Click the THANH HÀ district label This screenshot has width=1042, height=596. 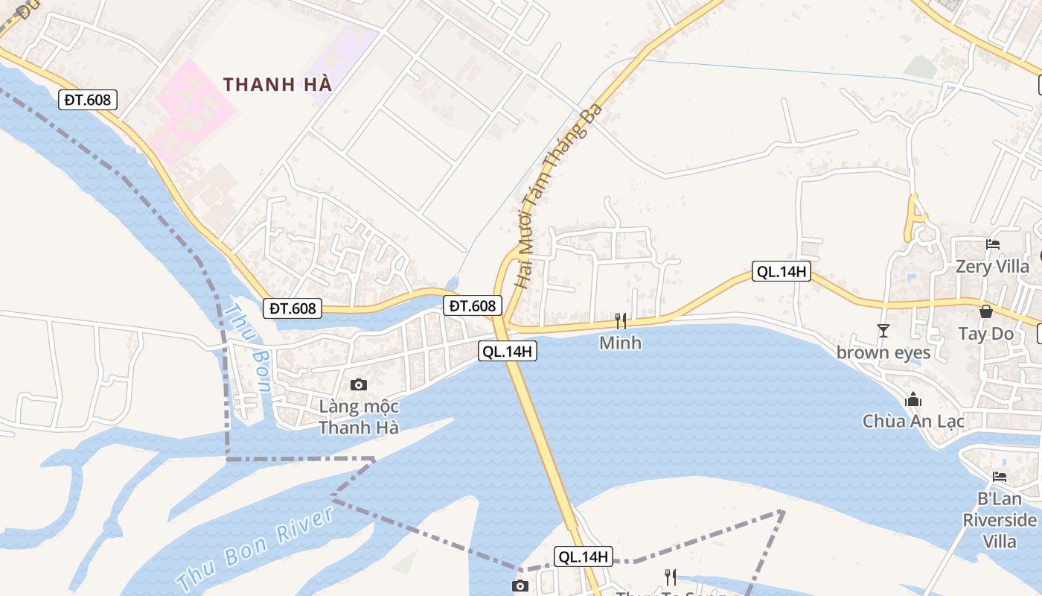coord(277,84)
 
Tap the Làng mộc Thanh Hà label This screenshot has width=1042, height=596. coord(359,417)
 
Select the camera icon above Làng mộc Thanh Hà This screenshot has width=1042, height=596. coord(359,385)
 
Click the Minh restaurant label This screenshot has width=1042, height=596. coord(620,343)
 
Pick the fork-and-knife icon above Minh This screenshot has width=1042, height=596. coord(621,321)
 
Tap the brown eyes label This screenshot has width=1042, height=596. coord(883,352)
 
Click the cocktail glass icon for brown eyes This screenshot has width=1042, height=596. coord(883,330)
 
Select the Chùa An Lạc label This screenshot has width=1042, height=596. coord(913,421)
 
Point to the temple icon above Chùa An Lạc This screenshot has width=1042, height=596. coord(913,400)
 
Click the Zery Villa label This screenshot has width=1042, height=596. coord(993,266)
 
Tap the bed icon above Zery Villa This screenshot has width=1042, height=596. coord(992,244)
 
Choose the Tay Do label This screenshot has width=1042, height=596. coord(986,333)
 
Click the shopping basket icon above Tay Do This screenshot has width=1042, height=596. coord(986,311)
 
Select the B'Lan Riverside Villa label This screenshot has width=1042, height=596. coord(999,519)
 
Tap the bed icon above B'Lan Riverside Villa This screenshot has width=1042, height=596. coord(1000,477)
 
